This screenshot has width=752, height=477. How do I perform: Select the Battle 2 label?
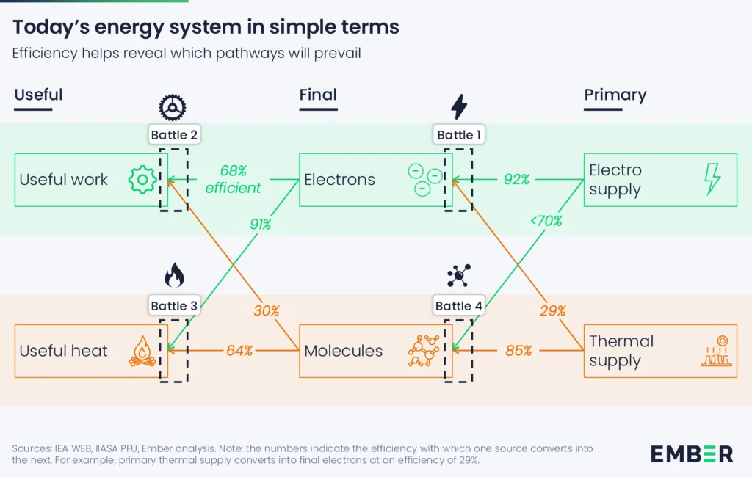click(174, 134)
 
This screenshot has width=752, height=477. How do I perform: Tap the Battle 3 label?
click(174, 306)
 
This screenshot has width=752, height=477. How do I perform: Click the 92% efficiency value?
click(516, 179)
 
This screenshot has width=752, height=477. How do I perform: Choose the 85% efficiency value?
click(518, 351)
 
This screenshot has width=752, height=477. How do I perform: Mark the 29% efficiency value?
click(552, 310)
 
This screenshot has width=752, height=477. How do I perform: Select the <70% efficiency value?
click(546, 220)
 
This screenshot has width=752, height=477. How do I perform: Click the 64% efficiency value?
click(239, 351)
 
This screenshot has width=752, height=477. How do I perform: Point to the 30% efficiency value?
click(267, 310)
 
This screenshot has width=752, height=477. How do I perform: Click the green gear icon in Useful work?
click(141, 180)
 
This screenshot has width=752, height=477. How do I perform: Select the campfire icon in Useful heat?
click(142, 351)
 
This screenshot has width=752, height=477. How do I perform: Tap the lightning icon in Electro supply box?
click(712, 179)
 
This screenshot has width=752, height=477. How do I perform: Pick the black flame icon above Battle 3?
click(174, 276)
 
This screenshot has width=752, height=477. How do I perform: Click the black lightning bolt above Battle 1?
click(459, 106)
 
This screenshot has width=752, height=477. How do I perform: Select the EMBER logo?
click(691, 454)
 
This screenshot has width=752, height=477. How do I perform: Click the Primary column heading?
click(615, 95)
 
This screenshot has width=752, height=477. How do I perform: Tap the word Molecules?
click(343, 351)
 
